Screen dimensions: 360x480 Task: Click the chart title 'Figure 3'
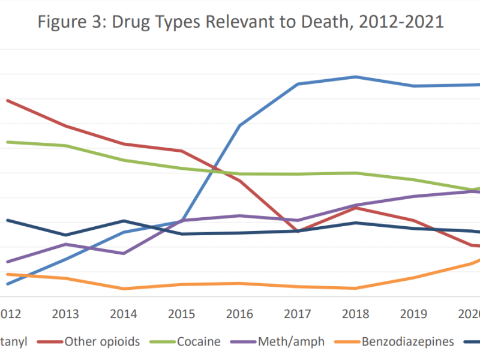[x=67, y=22]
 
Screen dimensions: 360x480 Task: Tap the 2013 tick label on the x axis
[x=66, y=314]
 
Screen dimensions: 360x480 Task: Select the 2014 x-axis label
[x=124, y=314]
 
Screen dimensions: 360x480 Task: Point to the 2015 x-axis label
[x=182, y=314]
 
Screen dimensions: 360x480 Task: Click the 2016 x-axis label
[x=240, y=314]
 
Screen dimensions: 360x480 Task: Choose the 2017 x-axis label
[x=298, y=314]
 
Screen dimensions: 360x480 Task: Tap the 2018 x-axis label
[x=356, y=314]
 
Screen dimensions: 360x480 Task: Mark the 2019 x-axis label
[x=413, y=314]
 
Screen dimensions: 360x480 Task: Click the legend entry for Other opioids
[x=102, y=341]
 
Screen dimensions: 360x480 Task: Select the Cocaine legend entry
[x=199, y=341]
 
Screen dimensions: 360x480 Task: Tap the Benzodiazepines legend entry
[x=407, y=341]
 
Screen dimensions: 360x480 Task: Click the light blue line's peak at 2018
[x=356, y=77]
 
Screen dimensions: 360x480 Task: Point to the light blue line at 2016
[x=240, y=125]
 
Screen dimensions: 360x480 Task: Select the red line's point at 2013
[x=66, y=126]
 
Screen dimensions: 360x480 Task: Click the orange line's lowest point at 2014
[x=124, y=289]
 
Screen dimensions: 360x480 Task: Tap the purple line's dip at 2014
[x=124, y=253]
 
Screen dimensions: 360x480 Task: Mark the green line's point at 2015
[x=182, y=169]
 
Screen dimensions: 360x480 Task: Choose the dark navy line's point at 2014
[x=124, y=221]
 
